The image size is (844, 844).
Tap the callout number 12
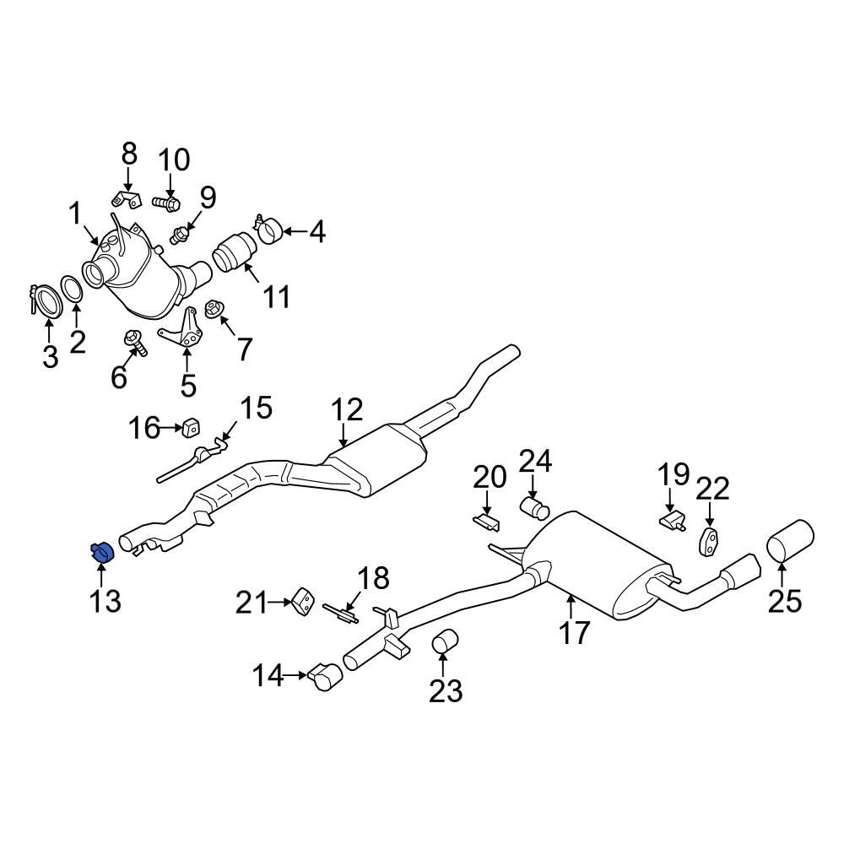(x=347, y=409)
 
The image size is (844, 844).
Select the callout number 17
(x=574, y=633)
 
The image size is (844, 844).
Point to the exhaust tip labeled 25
(x=790, y=540)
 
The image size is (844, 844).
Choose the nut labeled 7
(x=214, y=309)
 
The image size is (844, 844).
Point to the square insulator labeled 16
(x=191, y=427)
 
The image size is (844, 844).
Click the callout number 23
(x=445, y=691)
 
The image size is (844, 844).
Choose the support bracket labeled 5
(x=183, y=329)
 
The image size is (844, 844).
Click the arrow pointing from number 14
(x=295, y=674)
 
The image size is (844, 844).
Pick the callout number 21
(x=252, y=603)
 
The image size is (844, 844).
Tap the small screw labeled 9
(x=180, y=235)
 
